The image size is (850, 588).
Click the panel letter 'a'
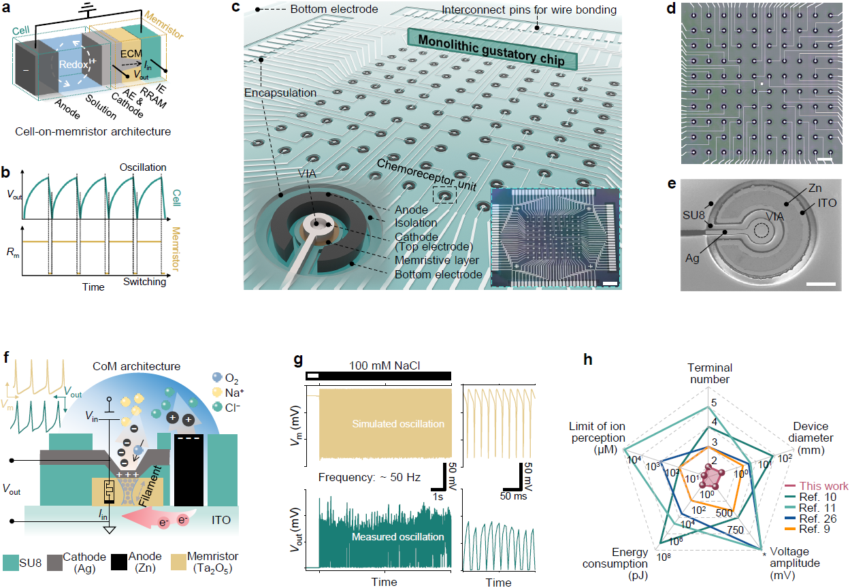point(10,9)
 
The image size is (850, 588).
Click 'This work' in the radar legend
point(823,486)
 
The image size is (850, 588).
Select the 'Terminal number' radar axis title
point(708,374)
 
